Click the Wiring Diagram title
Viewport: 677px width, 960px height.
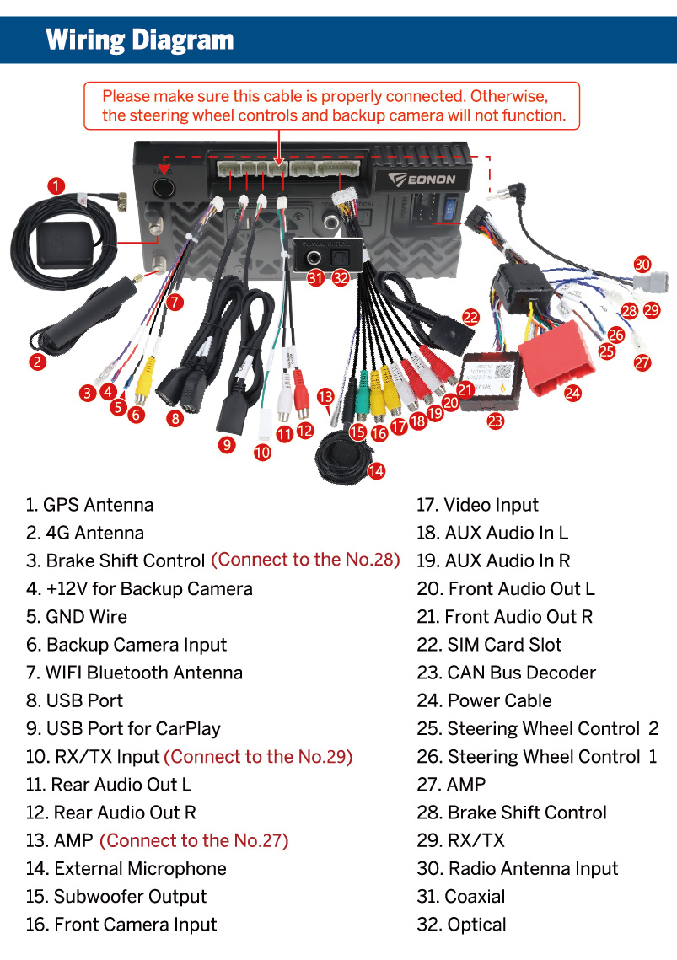tap(140, 40)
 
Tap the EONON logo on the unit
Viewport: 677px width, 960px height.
tap(422, 180)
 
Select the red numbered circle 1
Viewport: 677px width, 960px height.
tap(56, 185)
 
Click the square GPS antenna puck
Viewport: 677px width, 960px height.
tap(64, 245)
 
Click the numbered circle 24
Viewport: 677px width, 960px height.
tap(572, 393)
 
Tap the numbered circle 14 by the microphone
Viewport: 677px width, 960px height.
tap(376, 471)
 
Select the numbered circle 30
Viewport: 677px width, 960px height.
tap(642, 265)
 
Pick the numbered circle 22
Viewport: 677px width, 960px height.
tap(470, 317)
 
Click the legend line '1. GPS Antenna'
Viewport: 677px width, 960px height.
tap(89, 505)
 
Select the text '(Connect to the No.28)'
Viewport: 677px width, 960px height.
tap(306, 560)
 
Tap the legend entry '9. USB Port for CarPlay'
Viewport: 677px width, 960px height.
tap(123, 728)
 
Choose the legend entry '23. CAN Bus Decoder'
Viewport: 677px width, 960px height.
tap(506, 673)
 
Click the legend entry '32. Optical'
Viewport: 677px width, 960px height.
tap(461, 925)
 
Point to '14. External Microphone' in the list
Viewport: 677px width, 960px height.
tap(126, 868)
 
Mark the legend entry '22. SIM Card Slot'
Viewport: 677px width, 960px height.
tap(489, 645)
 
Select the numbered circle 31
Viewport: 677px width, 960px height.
tap(315, 278)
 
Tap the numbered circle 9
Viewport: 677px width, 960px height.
tap(227, 444)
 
